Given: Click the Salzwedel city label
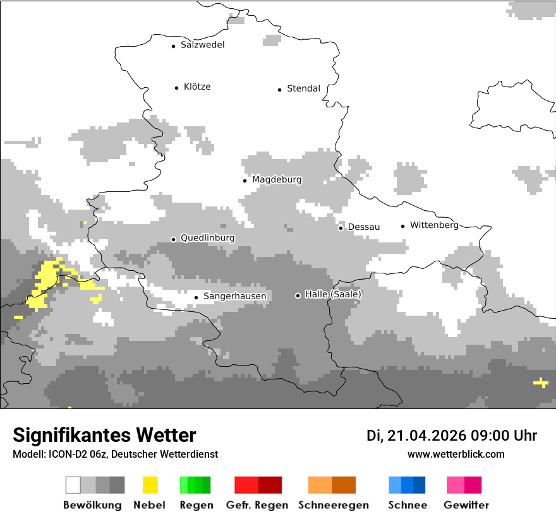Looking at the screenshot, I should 202,45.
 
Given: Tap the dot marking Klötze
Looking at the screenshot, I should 176,88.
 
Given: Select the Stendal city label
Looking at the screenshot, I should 303,88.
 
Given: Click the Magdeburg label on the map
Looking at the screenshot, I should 277,180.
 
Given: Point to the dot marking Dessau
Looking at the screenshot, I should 341,228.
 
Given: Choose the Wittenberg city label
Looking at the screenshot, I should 434,225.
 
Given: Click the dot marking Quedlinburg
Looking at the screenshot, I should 173,239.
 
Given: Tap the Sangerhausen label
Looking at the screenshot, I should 234,296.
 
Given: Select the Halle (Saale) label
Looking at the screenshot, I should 333,295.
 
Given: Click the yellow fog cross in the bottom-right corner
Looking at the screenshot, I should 541,383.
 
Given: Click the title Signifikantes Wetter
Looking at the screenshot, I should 104,436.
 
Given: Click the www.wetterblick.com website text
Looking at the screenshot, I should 456,454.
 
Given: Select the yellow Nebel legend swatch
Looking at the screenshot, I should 150,485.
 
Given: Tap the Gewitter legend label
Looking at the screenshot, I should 466,505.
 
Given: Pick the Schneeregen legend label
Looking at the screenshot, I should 332,505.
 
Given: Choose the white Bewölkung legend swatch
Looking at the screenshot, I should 73,485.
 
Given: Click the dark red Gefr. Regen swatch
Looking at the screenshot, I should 270,485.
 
